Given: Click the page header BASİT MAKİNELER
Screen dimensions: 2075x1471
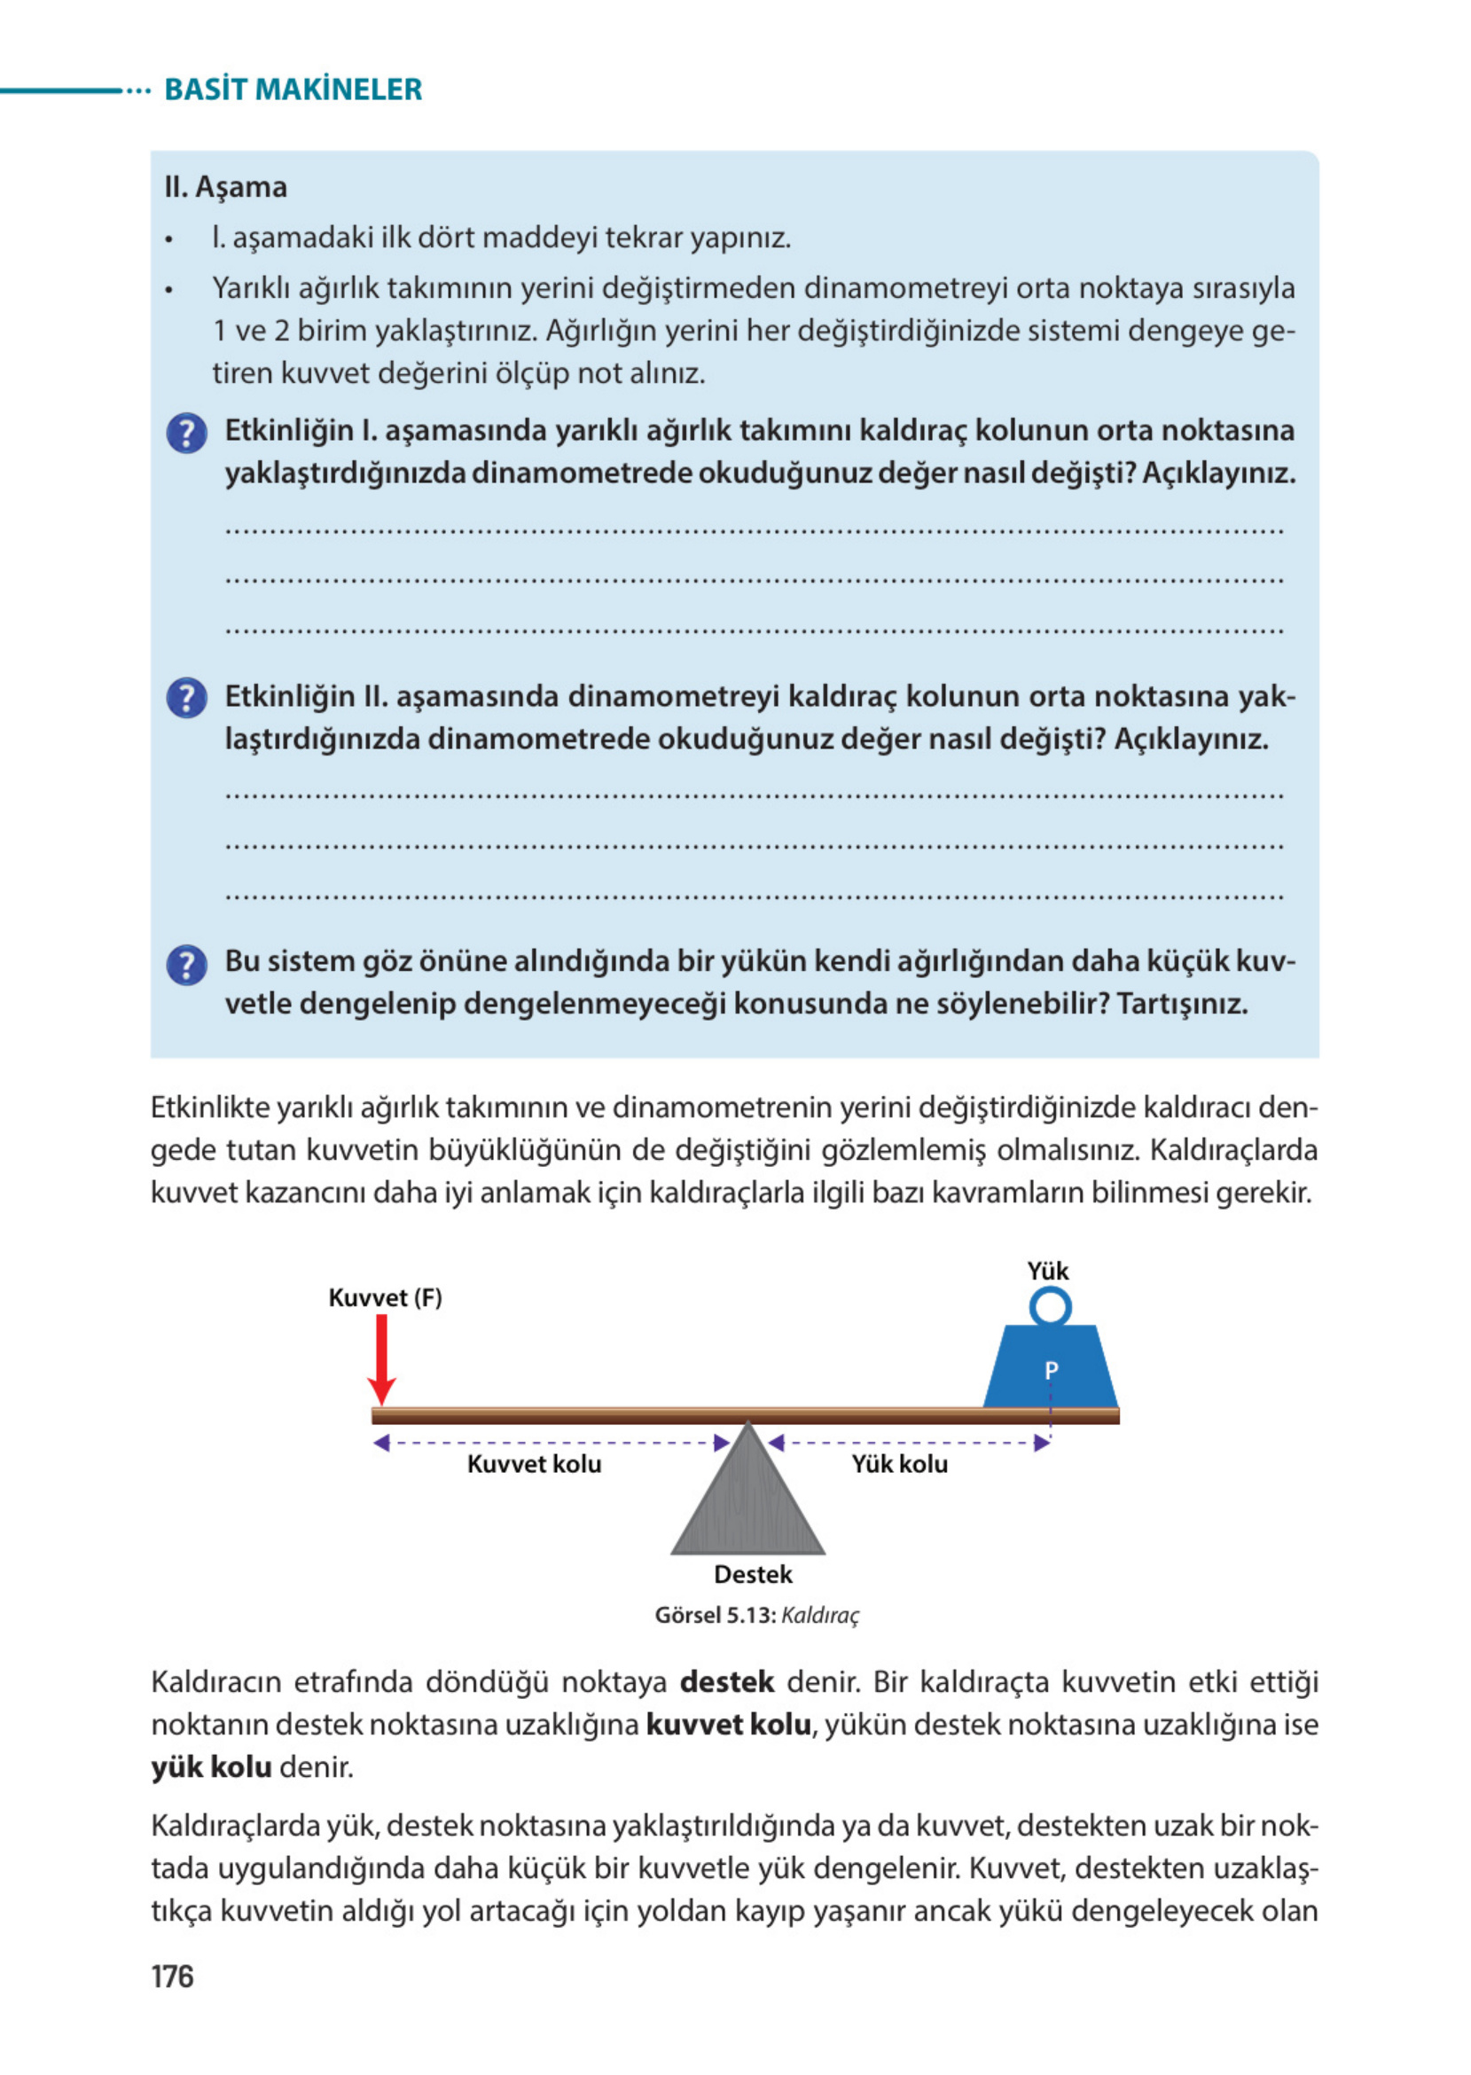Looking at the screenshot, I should (x=293, y=90).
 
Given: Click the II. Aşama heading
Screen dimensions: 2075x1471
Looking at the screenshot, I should (x=225, y=187).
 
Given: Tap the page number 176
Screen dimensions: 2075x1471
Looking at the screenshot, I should (x=172, y=1976).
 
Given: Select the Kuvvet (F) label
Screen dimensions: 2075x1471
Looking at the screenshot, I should (x=385, y=1297).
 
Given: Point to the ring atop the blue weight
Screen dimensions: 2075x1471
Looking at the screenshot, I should (x=1050, y=1307).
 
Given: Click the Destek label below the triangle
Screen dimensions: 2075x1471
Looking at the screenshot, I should (x=753, y=1574).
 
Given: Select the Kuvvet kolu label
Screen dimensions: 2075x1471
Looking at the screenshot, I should (x=534, y=1464).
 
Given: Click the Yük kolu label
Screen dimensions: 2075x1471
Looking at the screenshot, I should (x=898, y=1464).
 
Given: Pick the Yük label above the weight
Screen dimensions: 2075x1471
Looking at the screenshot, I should (x=1048, y=1271).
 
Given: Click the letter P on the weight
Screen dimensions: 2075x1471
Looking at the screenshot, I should (x=1051, y=1370).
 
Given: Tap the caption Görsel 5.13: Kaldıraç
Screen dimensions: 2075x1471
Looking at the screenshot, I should (x=756, y=1615).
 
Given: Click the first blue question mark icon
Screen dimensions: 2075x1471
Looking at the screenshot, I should (x=186, y=433).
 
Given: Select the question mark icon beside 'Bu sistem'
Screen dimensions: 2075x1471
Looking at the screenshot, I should (x=186, y=966).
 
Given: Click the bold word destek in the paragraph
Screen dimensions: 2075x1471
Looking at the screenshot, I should (x=726, y=1682).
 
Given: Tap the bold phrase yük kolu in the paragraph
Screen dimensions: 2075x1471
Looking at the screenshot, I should (x=211, y=1766).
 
